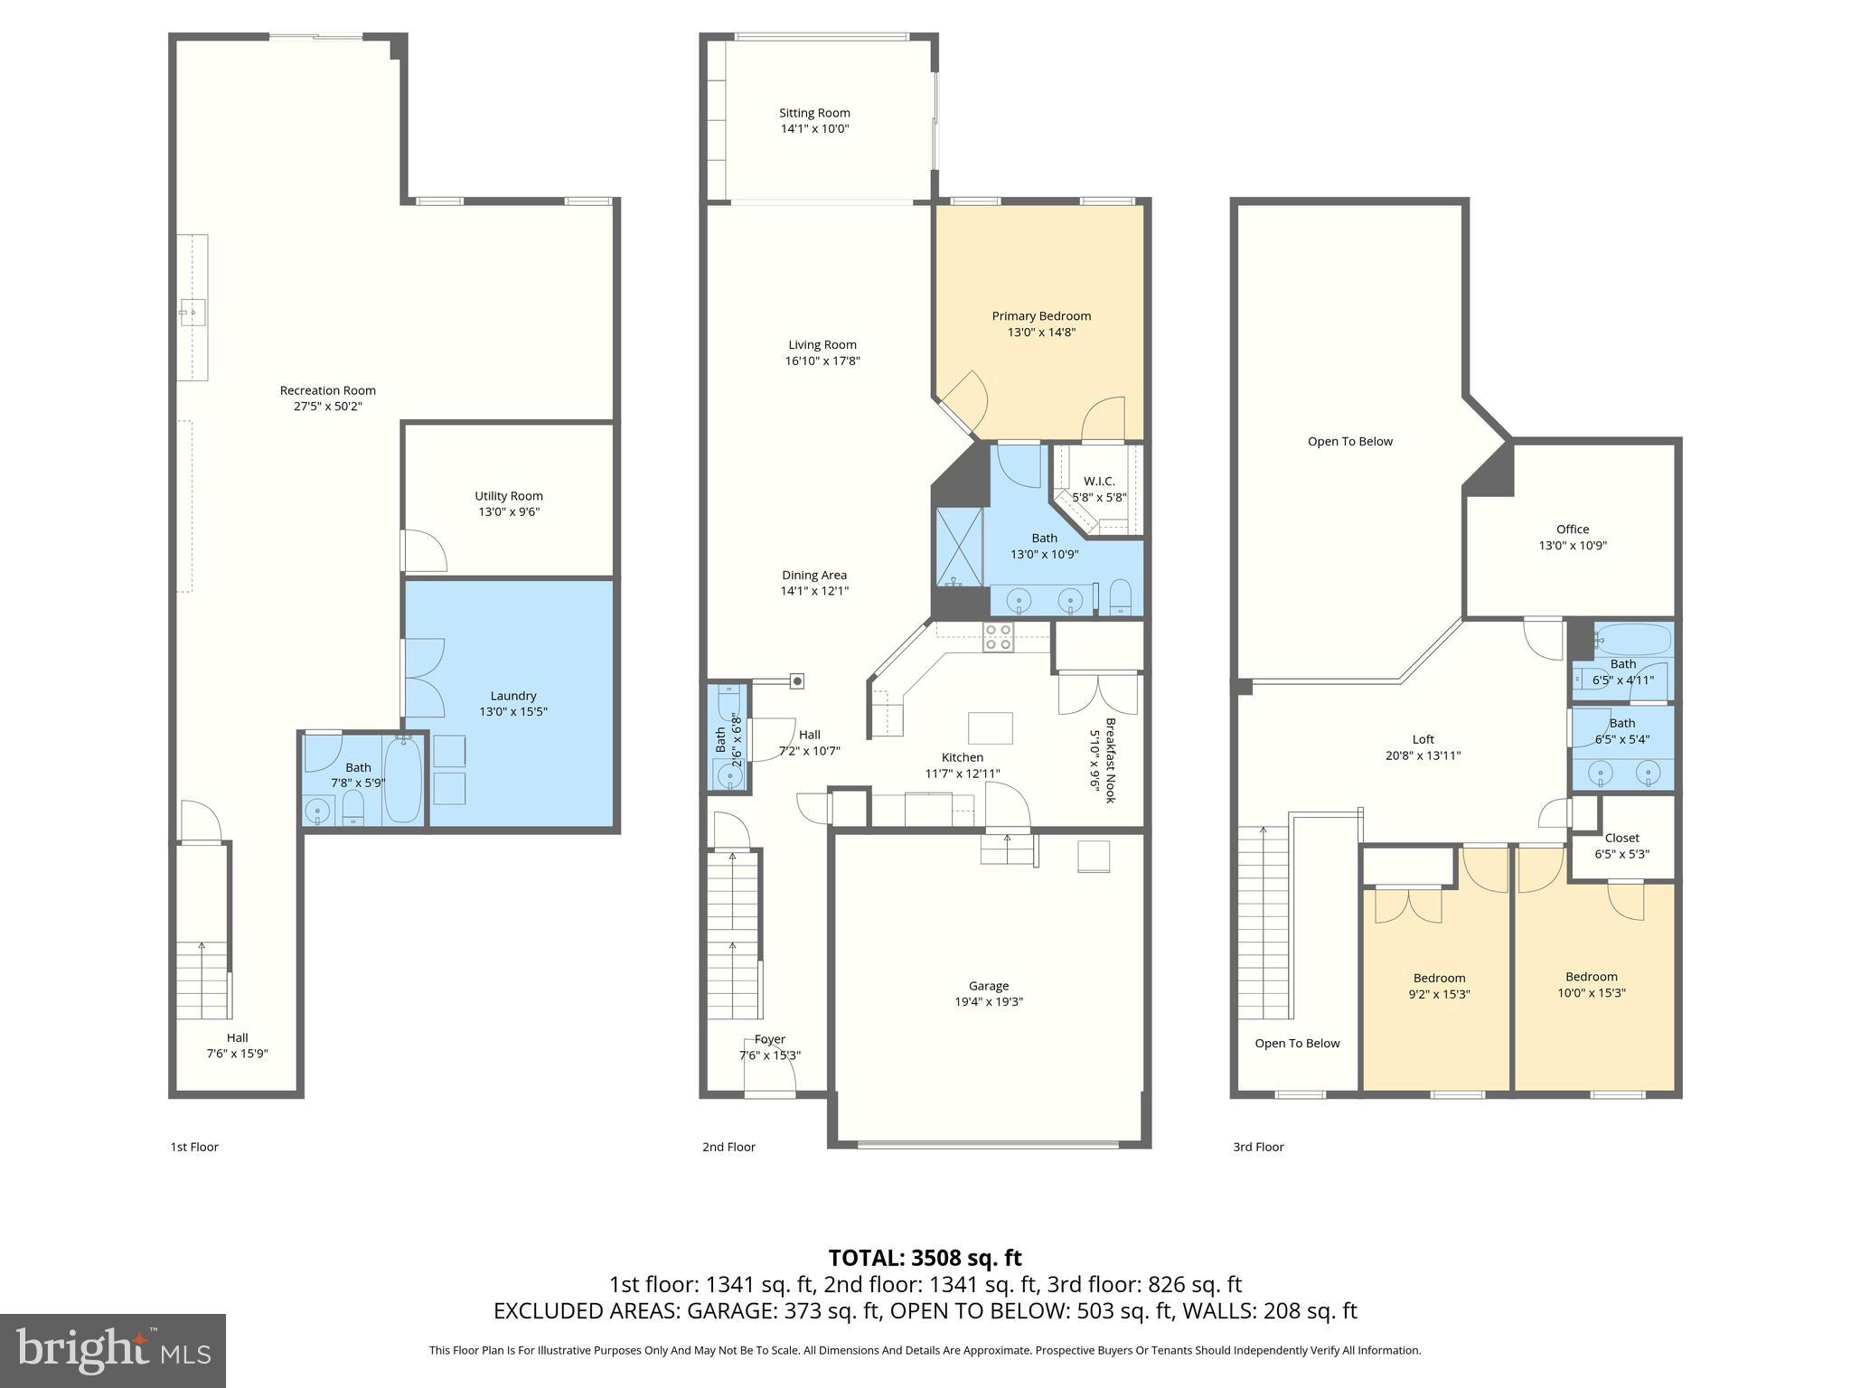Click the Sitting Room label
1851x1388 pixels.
814,113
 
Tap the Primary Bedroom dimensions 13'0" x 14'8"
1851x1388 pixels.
1041,333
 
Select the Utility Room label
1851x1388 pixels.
509,495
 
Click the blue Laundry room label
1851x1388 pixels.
512,696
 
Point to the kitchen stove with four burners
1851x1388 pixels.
998,637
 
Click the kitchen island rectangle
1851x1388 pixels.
990,727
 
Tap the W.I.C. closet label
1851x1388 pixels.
1099,481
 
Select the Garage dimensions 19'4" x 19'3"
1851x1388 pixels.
989,1001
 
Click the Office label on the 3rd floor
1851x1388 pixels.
1572,530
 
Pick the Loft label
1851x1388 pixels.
1423,739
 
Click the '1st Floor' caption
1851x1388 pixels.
194,1147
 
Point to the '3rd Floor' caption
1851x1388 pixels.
1258,1147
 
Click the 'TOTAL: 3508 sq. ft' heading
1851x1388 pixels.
925,1258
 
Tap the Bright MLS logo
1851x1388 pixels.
112,1350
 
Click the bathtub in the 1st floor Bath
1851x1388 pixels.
403,779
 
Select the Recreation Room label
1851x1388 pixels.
327,390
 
